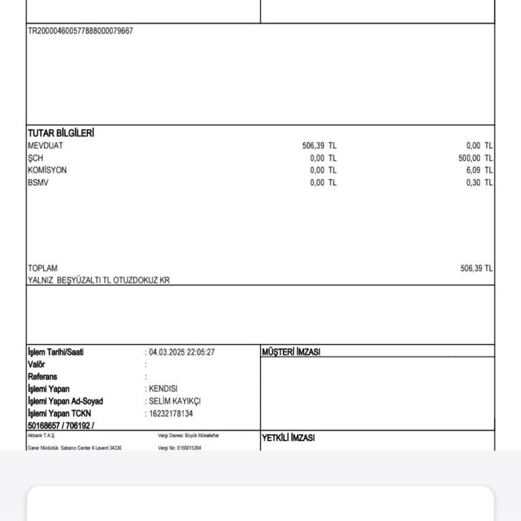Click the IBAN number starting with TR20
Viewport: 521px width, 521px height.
pyautogui.click(x=80, y=31)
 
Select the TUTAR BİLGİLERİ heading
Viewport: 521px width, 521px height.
pyautogui.click(x=60, y=133)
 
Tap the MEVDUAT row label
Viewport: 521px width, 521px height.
pyautogui.click(x=45, y=146)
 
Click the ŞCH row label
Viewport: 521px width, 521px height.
pyautogui.click(x=35, y=158)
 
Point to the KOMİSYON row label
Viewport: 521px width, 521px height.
pyautogui.click(x=47, y=170)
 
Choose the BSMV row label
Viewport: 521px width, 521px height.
pyautogui.click(x=38, y=182)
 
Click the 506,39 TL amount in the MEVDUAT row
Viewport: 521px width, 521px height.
pyautogui.click(x=319, y=146)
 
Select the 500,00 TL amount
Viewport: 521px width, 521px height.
pyautogui.click(x=476, y=158)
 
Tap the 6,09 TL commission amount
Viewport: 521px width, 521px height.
pyautogui.click(x=479, y=170)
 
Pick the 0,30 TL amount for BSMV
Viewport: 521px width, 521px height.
pyautogui.click(x=479, y=182)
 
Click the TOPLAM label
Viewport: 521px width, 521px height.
pyautogui.click(x=42, y=268)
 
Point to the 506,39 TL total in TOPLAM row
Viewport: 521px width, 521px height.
pyautogui.click(x=476, y=268)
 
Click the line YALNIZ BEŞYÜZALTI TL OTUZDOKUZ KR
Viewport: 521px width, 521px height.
pyautogui.click(x=98, y=280)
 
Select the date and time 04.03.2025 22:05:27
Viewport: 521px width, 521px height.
pyautogui.click(x=181, y=352)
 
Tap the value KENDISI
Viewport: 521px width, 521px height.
pyautogui.click(x=163, y=389)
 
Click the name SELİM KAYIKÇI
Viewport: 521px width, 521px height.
pyautogui.click(x=174, y=401)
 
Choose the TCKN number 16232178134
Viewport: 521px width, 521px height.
pyautogui.click(x=170, y=413)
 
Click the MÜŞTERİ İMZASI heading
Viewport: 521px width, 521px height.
pyautogui.click(x=291, y=352)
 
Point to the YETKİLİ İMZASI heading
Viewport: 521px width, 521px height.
pyautogui.click(x=288, y=438)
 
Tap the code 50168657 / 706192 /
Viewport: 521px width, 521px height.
pyautogui.click(x=61, y=425)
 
